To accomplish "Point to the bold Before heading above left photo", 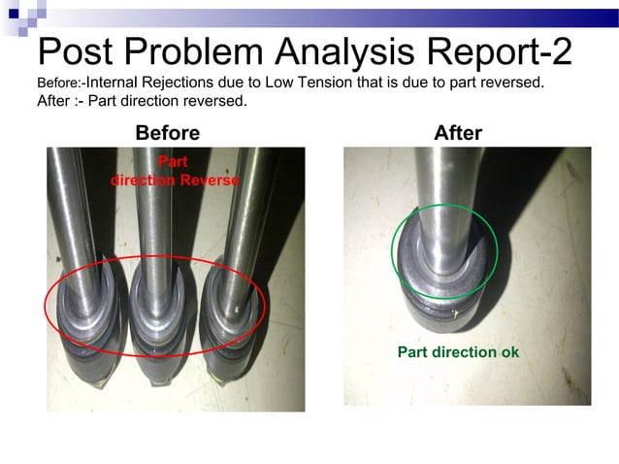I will tap(167, 133).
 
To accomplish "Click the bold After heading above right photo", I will tap(458, 133).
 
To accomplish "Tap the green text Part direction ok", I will tap(458, 351).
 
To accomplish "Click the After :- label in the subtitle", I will tap(60, 101).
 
